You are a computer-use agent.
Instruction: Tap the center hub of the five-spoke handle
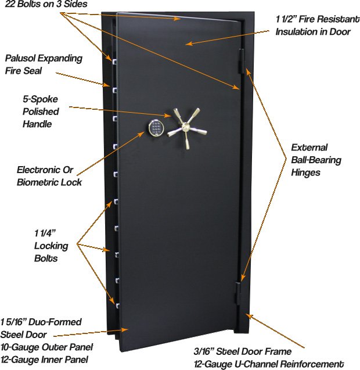click(185, 127)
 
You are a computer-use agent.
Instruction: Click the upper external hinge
click(242, 61)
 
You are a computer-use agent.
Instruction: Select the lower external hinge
click(238, 293)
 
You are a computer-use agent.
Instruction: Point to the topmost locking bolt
click(114, 62)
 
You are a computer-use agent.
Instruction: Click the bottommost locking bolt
click(117, 306)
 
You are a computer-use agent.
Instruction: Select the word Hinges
click(306, 173)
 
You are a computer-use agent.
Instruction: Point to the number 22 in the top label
click(10, 4)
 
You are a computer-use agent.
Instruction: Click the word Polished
click(41, 112)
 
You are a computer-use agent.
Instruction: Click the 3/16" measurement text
click(204, 351)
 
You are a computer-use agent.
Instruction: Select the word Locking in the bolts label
click(51, 246)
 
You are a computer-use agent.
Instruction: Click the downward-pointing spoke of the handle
click(188, 141)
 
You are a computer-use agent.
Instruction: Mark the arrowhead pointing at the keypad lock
click(142, 134)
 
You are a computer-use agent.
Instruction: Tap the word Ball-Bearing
click(316, 160)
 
